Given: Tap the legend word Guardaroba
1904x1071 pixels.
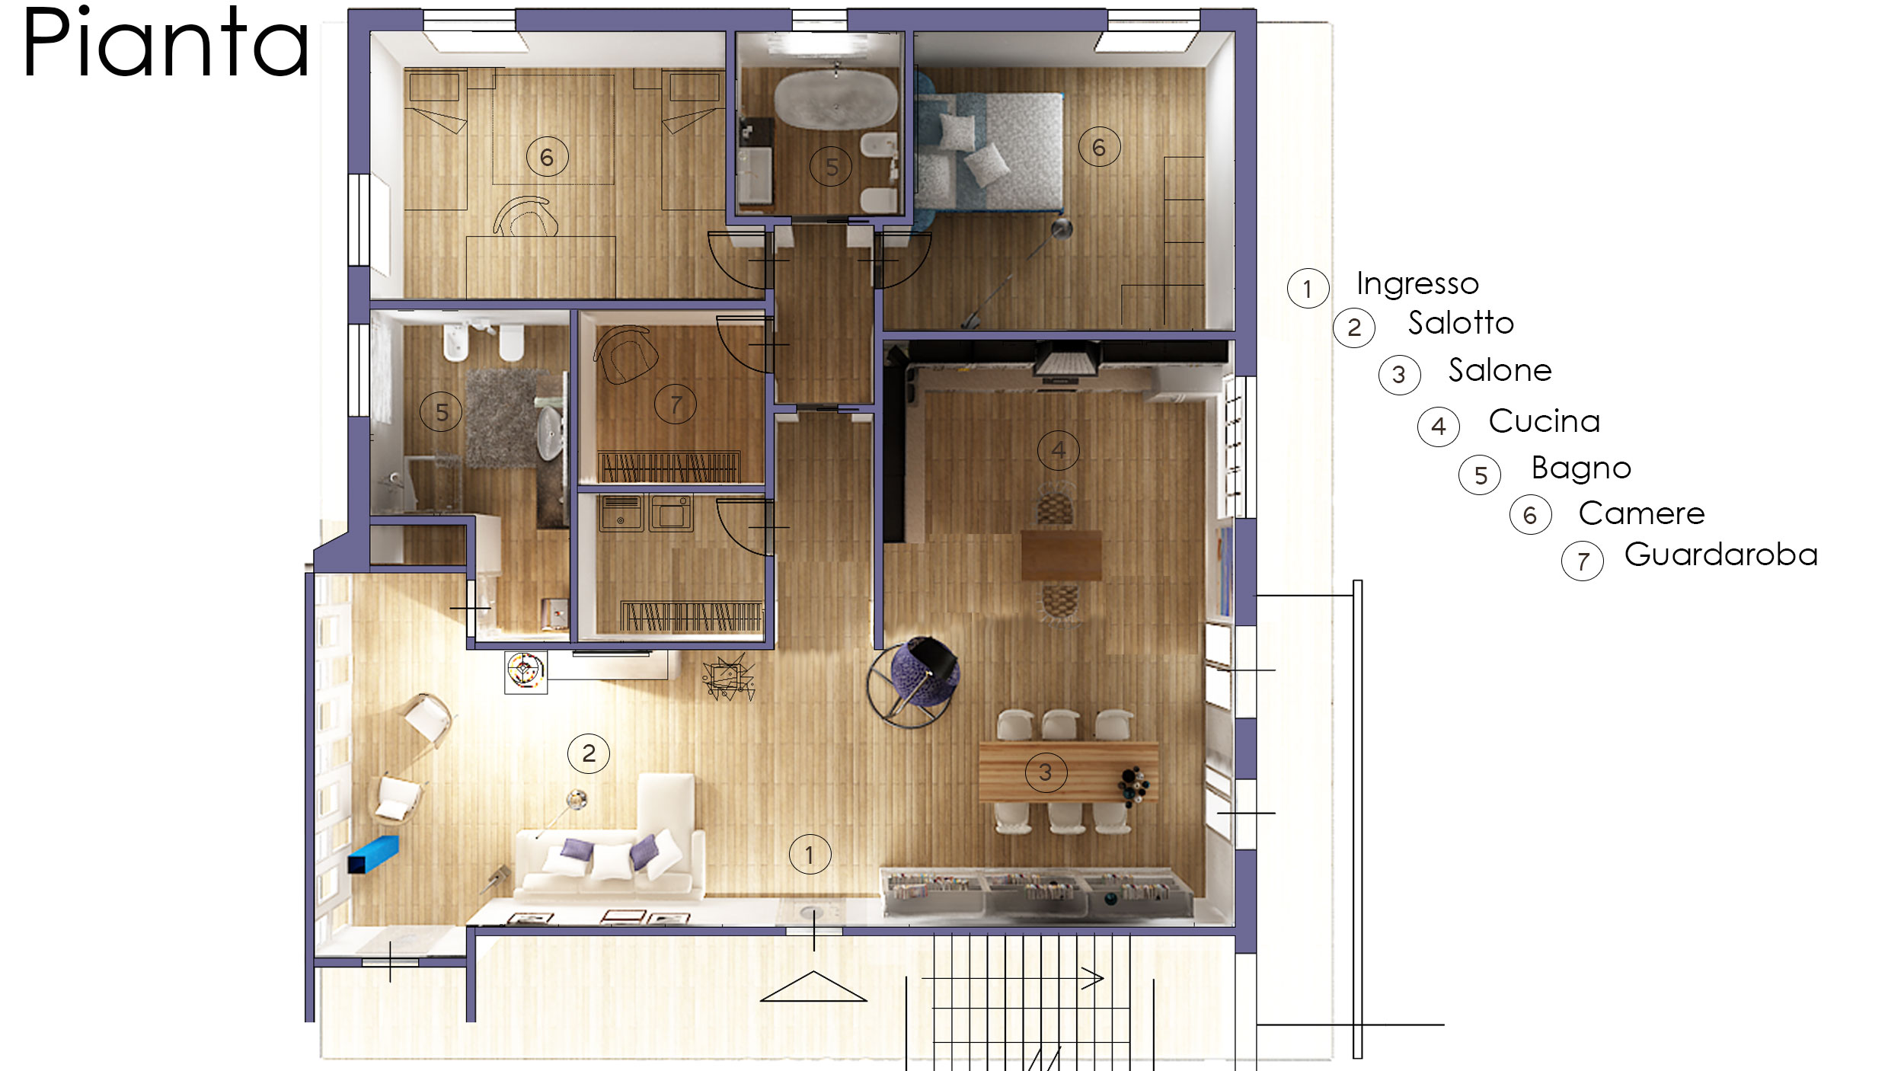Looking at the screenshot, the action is (x=1720, y=554).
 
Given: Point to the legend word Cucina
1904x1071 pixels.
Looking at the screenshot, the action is (x=1545, y=420).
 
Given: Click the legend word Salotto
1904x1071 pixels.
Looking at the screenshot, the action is (x=1461, y=322).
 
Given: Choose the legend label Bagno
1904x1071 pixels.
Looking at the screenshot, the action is (x=1581, y=468).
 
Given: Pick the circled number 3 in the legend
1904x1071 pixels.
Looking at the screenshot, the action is (x=1399, y=375).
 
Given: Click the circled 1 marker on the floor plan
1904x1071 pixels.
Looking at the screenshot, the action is (x=810, y=855).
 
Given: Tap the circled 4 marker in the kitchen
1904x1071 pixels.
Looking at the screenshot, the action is (x=1059, y=450).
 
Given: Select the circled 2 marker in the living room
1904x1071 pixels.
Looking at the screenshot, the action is (x=589, y=753).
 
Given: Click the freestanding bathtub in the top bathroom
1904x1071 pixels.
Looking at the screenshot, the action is (x=835, y=100).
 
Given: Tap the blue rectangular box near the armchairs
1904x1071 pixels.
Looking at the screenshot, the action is (x=373, y=854).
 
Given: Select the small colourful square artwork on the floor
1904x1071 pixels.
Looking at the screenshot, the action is (x=526, y=671).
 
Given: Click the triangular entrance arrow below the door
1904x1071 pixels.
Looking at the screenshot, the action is (x=813, y=986).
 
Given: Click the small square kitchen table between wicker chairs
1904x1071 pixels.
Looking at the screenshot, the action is (x=1061, y=555).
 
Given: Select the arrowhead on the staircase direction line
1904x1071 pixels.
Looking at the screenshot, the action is (x=1094, y=978).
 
